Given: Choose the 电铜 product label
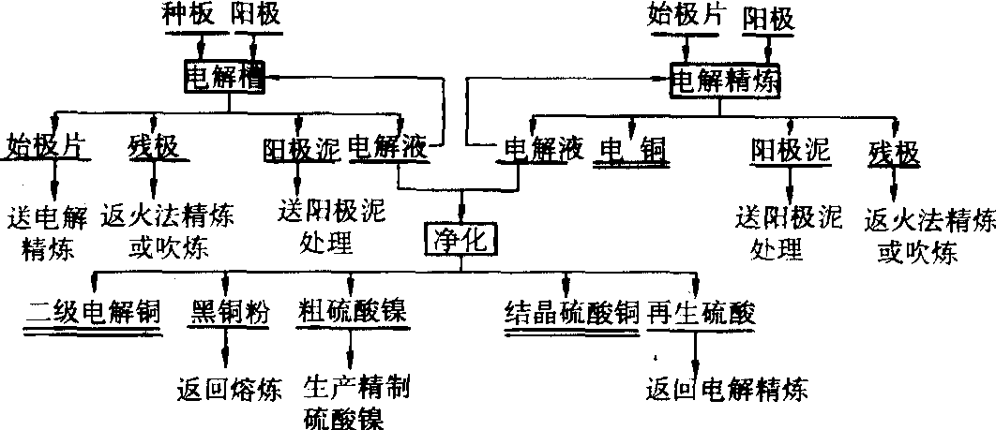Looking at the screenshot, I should point(632,150).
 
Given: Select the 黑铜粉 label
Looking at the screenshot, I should point(230,312).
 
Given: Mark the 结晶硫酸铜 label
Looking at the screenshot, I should point(571,312).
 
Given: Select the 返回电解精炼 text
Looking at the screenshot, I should point(727,387).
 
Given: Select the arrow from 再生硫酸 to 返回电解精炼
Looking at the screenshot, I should point(696,351).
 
